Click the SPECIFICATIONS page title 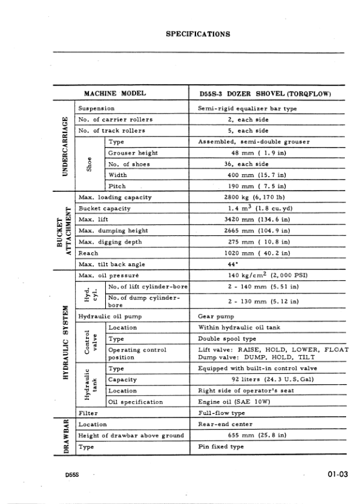tap(197, 34)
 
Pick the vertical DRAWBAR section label tap(63, 435)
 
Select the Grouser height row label tap(133, 152)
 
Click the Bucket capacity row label tap(105, 208)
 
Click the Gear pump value tap(216, 316)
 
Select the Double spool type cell tap(227, 339)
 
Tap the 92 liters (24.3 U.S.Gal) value tap(256, 379)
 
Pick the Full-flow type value tap(221, 413)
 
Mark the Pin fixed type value tap(221, 447)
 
